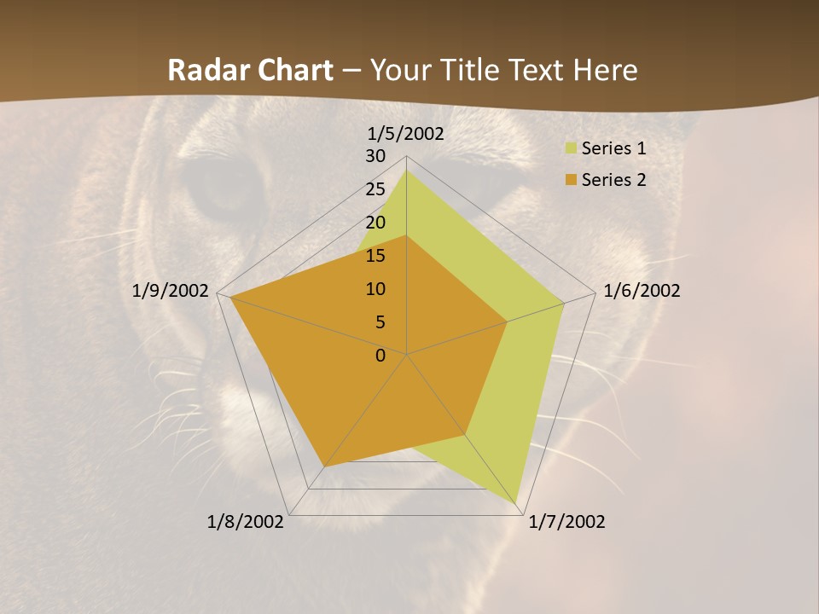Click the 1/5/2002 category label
[x=406, y=133]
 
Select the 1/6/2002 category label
[x=642, y=291]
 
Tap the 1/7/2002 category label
[x=566, y=522]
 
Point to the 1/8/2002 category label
[x=246, y=522]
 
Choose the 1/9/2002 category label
[x=171, y=291]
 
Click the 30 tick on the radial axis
[x=375, y=156]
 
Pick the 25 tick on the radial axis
[x=375, y=189]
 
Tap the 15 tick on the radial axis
[x=375, y=256]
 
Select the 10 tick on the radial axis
[x=375, y=289]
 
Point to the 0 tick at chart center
[x=380, y=356]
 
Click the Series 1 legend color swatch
[x=571, y=149]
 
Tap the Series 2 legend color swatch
[x=571, y=180]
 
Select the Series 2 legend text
[x=613, y=180]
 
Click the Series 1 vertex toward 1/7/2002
[x=517, y=503]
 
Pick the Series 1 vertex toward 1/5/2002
[x=406, y=171]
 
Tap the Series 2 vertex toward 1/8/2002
[x=323, y=466]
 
